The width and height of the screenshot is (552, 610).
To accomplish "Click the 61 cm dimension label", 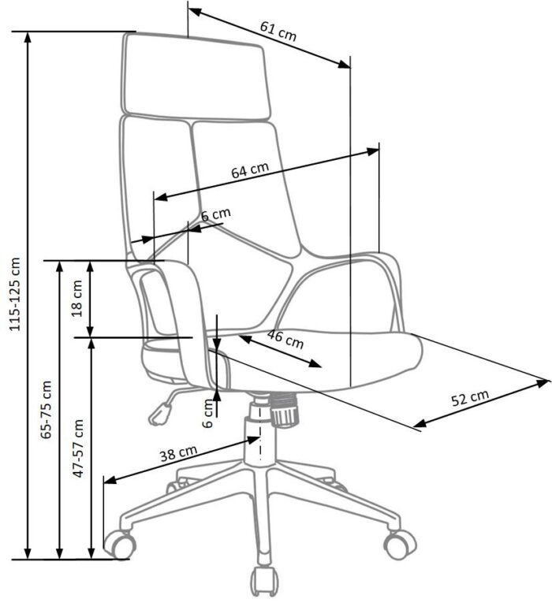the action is click(278, 31).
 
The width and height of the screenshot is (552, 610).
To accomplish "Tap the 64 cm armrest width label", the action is click(250, 170).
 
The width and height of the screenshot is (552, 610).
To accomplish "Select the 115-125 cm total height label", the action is click(16, 294).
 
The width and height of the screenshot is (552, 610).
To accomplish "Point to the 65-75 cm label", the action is click(47, 410).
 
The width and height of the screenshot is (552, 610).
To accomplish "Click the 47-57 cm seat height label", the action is click(79, 448).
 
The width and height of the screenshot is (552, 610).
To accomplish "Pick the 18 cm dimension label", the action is click(78, 299).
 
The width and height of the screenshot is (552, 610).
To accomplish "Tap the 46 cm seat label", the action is click(285, 339).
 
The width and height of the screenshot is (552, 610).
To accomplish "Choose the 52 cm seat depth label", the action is click(470, 398).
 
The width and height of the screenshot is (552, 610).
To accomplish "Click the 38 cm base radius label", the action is click(179, 453).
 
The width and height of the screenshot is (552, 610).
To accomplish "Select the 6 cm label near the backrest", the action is click(215, 214).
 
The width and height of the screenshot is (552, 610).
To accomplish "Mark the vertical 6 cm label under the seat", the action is click(209, 413).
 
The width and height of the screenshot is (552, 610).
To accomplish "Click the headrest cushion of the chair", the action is click(196, 75).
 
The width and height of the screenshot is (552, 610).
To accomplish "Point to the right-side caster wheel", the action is click(400, 545).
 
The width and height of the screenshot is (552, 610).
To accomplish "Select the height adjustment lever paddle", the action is click(160, 415).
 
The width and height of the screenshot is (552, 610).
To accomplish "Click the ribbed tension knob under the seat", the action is click(285, 410).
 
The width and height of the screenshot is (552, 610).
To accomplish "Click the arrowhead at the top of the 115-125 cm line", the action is click(28, 38).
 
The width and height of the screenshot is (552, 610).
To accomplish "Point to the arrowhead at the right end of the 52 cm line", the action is click(543, 383).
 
